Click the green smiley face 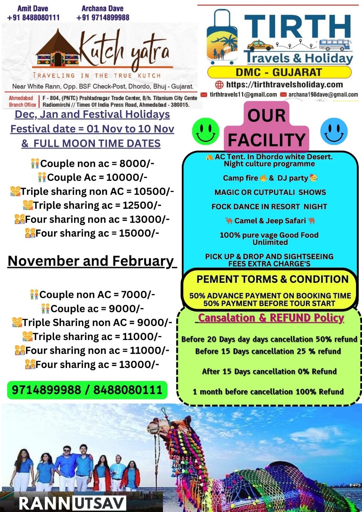coord(205,131)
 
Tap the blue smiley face coord(334,131)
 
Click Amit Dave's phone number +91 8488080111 coord(34,18)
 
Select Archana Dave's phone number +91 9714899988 coord(103,18)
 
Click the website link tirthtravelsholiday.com coord(284,84)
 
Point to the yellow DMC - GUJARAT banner coord(280,72)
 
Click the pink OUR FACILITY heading coord(267,128)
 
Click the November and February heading coord(91,261)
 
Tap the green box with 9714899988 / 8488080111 coord(87,390)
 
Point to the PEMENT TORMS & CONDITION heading coord(272,279)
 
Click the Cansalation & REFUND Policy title coord(271,318)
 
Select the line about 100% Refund coord(268,392)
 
